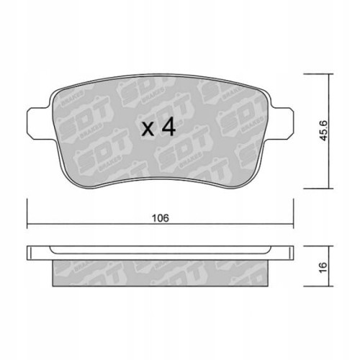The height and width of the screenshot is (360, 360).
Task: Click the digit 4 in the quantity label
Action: (x=167, y=127)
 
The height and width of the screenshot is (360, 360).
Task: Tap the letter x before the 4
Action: (x=148, y=130)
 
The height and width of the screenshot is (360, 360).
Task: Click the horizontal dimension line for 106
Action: (x=216, y=228)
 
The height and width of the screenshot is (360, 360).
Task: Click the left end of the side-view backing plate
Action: (x=30, y=253)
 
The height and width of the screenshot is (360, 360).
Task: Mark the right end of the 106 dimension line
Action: (x=294, y=228)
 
